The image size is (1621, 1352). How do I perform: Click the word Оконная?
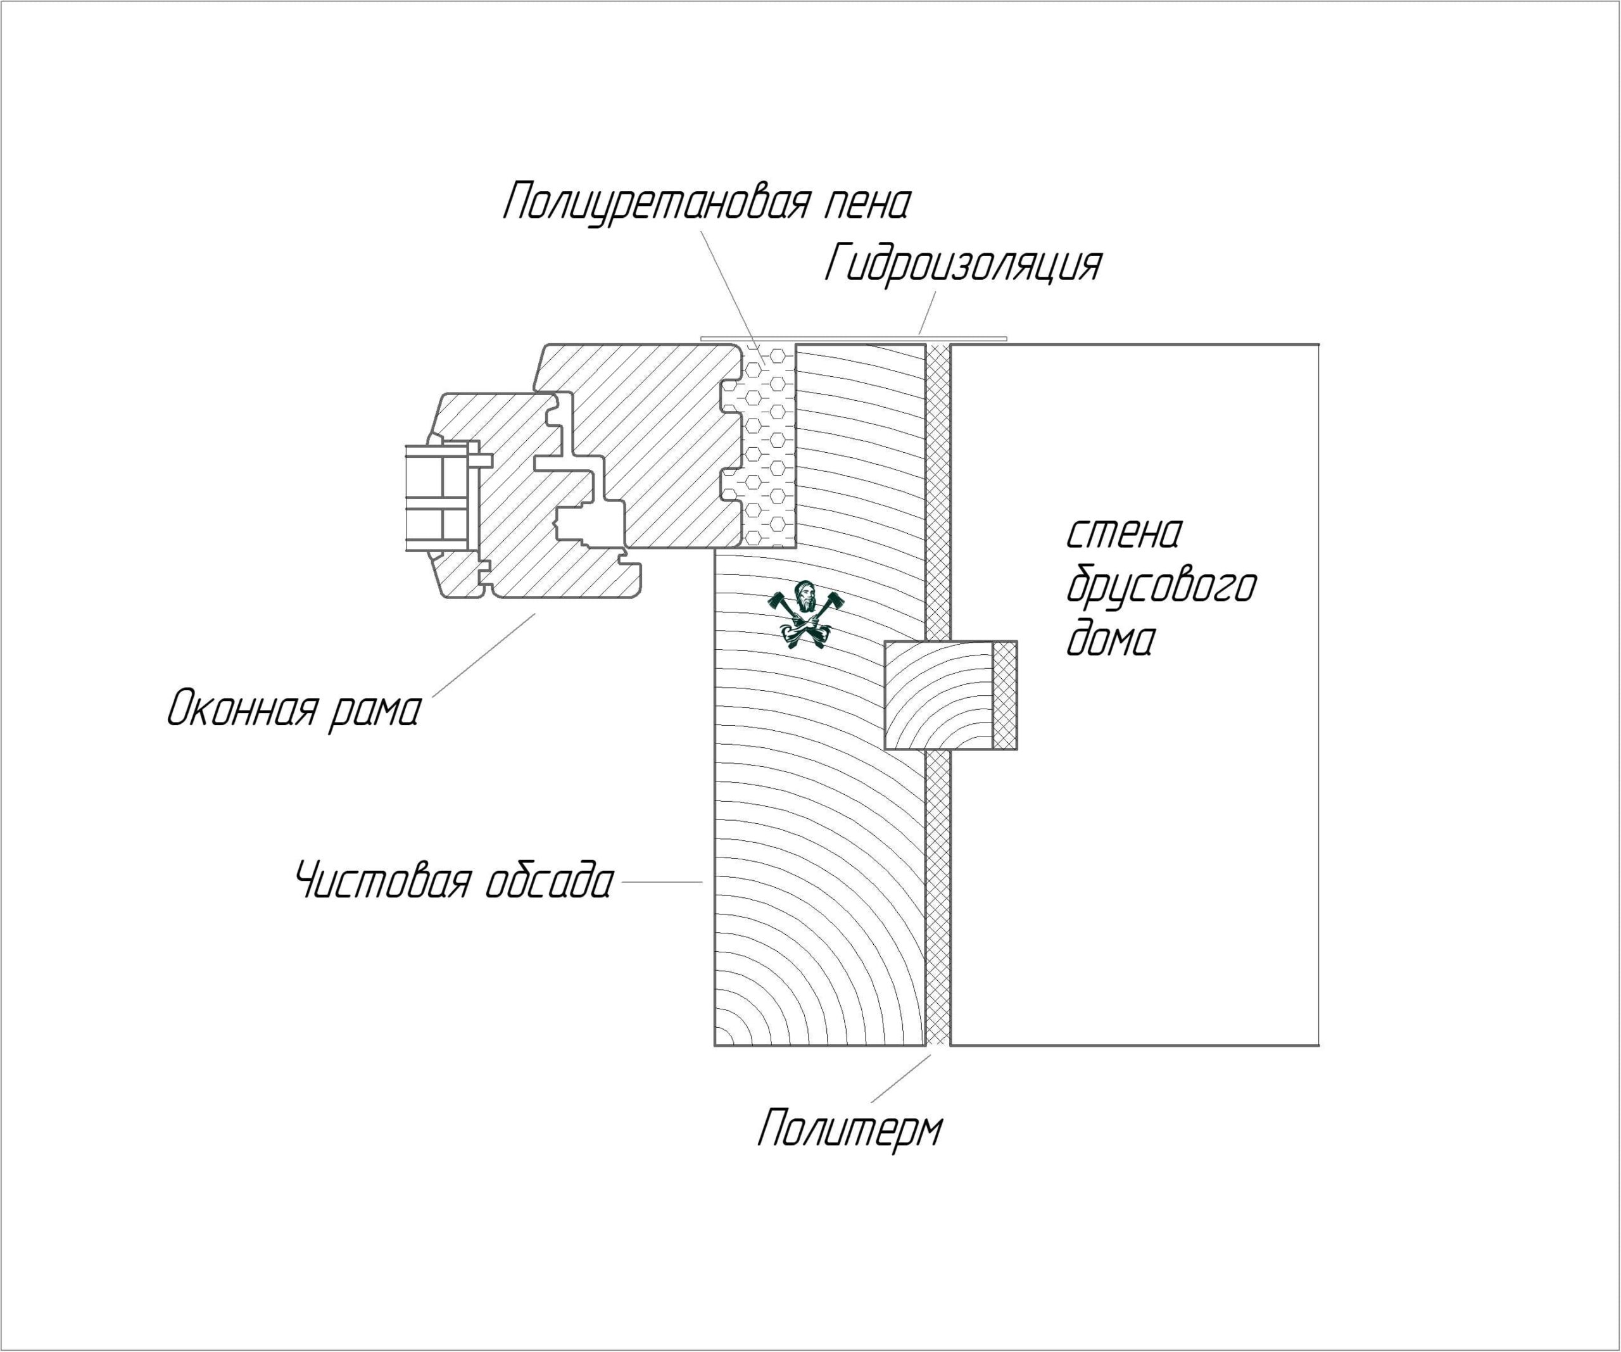point(242,708)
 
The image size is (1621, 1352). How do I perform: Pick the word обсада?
point(550,881)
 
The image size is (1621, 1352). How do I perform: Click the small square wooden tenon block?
point(938,695)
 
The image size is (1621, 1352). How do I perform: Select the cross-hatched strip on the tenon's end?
point(1005,695)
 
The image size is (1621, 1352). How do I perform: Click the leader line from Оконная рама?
point(483,655)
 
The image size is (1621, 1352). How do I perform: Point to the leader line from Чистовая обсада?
point(662,881)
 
